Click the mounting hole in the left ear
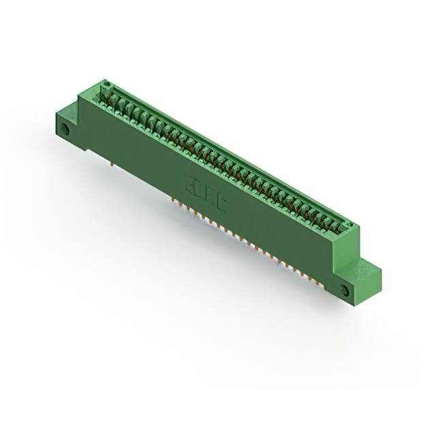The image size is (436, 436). tap(65, 128)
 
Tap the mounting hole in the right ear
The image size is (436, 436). tap(344, 291)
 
